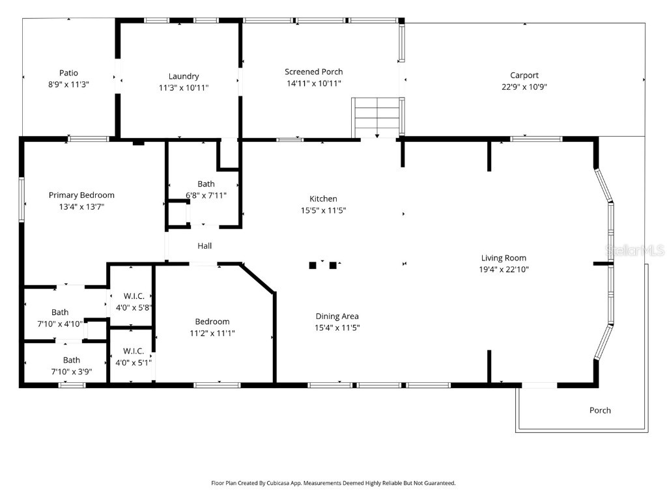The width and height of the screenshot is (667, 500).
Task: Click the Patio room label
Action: pos(68,73)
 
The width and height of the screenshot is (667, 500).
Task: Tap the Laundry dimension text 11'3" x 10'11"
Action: pos(183,87)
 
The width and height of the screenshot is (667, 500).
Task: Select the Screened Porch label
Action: pos(313,72)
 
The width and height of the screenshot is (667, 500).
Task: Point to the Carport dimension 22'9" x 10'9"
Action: pos(524,87)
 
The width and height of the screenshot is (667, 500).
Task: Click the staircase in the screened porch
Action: pos(376,118)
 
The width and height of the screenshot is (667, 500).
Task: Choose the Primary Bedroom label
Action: pos(81,195)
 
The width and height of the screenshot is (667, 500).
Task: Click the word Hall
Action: pos(205,245)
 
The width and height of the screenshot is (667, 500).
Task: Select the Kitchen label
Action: pos(323,199)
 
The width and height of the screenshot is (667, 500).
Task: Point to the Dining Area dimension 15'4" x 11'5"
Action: pos(337,327)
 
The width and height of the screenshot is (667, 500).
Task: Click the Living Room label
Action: pos(504,258)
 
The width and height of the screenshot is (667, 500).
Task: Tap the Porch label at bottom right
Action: pos(600,410)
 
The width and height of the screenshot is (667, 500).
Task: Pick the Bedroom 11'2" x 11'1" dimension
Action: pos(212,333)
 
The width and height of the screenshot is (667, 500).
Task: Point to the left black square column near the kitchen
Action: pos(313,265)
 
